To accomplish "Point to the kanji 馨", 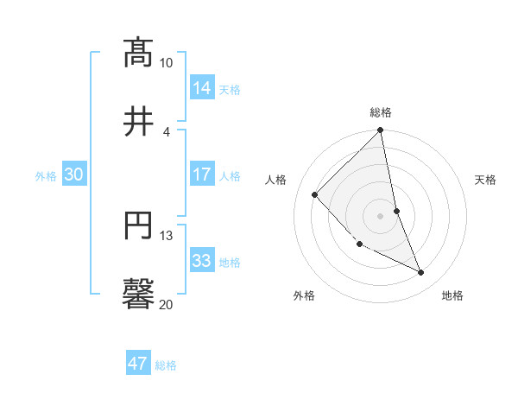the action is point(138,293).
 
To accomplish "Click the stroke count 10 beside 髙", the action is point(166,63).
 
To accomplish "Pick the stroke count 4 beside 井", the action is point(166,131).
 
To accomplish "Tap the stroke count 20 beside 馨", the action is point(166,304).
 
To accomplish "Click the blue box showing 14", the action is point(202,88).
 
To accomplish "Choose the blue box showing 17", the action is point(202,174).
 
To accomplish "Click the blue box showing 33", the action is point(202,261).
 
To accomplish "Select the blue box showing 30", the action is point(73,174).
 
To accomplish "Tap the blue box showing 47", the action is point(138,364).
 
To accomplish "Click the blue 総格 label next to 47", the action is point(166,365).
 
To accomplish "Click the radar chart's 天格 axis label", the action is point(486,180).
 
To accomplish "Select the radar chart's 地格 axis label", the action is point(452,295).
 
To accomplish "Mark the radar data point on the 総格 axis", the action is point(381,131).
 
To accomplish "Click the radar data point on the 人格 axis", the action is point(315,194).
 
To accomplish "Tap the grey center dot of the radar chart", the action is point(381,216).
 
